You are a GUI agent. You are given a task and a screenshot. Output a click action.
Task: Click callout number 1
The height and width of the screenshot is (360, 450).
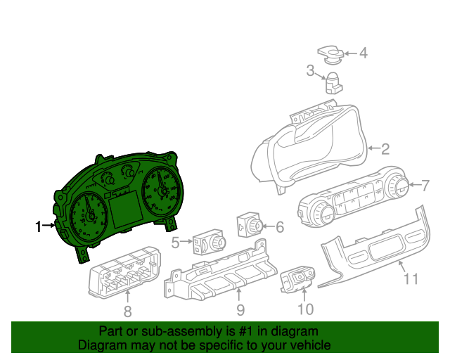coord(39,226)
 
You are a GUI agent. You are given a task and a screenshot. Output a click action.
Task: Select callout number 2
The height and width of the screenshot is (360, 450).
coord(385,148)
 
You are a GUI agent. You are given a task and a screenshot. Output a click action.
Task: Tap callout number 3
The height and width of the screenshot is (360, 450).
coord(310,70)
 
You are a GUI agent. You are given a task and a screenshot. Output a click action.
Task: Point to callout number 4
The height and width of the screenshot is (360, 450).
coord(363,53)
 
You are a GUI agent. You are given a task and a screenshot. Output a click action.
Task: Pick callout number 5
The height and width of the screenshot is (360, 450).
coord(175,243)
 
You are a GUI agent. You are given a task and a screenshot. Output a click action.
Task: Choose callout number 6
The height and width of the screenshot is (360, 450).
coord(279,227)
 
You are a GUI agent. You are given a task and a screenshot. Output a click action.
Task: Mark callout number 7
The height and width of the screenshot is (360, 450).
coord(425,186)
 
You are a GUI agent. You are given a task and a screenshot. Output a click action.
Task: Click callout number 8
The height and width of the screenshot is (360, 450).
coord(127,311)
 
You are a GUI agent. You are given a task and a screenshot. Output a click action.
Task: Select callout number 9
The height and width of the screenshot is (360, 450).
coord(240,309)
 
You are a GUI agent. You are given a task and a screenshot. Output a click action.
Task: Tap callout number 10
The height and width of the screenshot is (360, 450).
coord(305,309)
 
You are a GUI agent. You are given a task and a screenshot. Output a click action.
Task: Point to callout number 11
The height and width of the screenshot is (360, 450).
coord(411,279)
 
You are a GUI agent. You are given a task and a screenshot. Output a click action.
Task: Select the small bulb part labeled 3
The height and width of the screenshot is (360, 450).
coord(332,82)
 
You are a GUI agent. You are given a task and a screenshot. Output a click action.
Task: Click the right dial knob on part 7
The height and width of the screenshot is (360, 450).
coord(398,186)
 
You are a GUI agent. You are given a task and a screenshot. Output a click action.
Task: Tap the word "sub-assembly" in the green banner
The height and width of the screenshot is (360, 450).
coord(169,331)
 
